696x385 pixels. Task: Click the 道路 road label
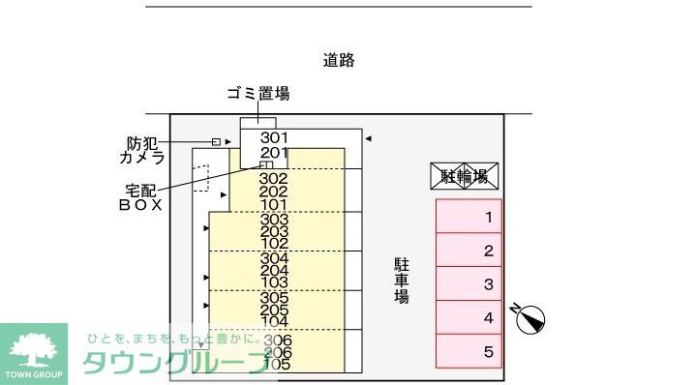339,60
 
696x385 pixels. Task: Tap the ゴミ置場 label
258,94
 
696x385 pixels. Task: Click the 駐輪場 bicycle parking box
464,176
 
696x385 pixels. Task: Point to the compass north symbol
531,317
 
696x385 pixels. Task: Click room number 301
275,138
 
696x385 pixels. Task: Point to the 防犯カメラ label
142,150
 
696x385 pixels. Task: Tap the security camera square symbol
216,142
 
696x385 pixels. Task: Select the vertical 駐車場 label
401,281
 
